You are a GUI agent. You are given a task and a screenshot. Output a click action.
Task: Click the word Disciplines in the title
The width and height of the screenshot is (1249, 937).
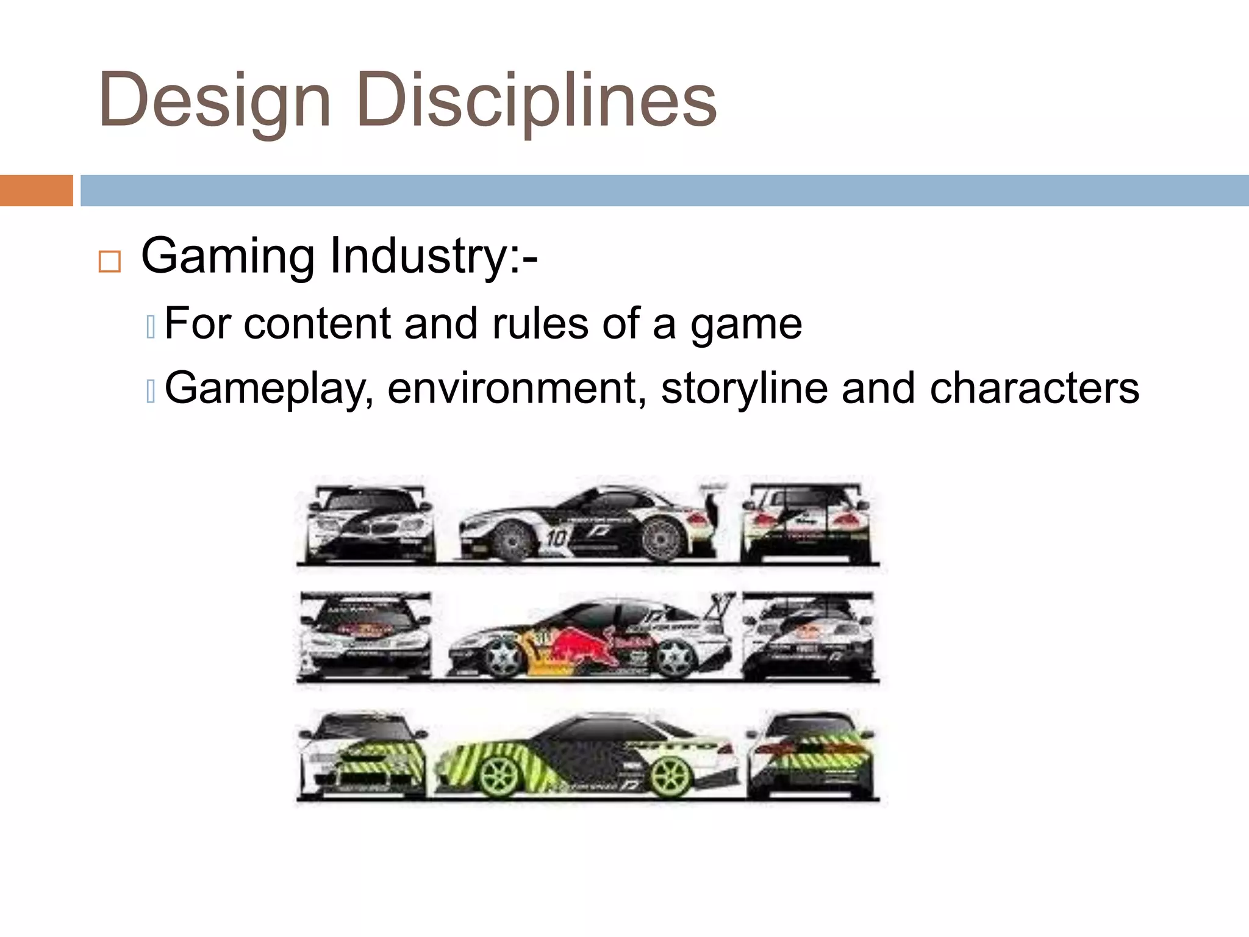537,101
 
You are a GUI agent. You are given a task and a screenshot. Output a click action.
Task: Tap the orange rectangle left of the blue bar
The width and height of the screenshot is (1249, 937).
36,190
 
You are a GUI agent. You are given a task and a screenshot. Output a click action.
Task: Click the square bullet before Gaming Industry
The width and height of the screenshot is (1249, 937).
110,262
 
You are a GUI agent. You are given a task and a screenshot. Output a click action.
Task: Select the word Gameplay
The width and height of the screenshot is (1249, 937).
269,389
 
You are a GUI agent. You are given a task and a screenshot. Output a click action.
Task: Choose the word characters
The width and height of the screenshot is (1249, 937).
1034,389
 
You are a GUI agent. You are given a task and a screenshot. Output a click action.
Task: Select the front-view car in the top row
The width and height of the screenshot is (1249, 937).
370,523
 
